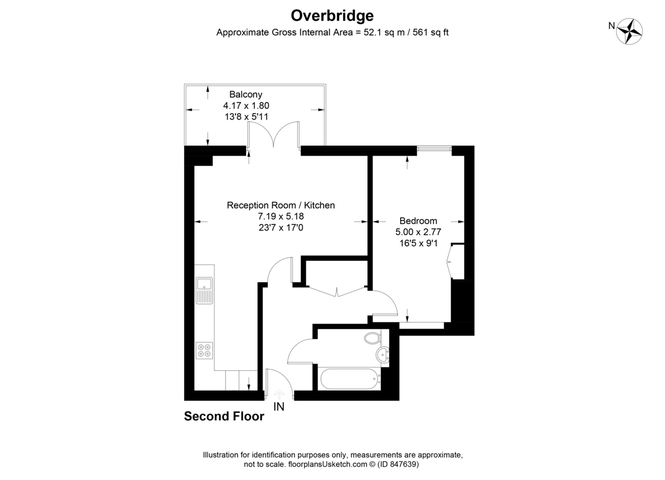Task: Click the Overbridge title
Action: [332, 16]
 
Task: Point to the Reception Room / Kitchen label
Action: [281, 205]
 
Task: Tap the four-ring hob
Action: [204, 350]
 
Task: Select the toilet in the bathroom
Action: [372, 337]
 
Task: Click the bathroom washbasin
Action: [382, 354]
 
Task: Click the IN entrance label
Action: [279, 408]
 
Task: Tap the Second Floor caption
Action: [224, 416]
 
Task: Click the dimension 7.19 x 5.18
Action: [281, 216]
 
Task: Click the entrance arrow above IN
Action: [279, 393]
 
